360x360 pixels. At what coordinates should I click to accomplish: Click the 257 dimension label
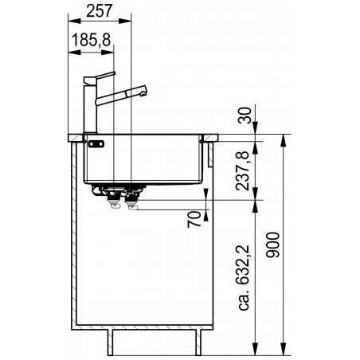100,11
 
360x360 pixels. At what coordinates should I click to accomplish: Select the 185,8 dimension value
91,40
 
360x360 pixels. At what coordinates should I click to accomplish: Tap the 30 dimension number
245,115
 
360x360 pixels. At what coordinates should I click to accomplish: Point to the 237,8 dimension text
242,170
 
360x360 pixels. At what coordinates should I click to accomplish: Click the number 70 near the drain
194,219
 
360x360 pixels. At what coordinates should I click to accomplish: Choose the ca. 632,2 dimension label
244,277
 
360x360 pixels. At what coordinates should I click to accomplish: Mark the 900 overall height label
273,245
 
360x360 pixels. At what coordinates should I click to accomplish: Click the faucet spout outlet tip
144,93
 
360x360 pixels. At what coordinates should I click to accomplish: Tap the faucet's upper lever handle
100,76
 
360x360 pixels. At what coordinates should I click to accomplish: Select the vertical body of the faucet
90,108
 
